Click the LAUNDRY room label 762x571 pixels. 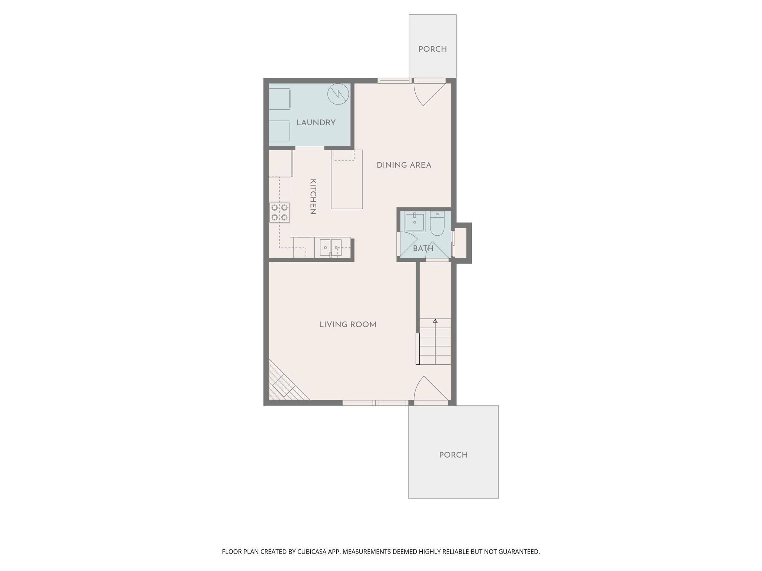click(x=316, y=123)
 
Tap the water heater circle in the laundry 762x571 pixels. click(x=338, y=94)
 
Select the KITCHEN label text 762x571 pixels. click(x=313, y=197)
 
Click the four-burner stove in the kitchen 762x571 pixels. click(x=279, y=213)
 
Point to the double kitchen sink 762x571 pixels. click(x=330, y=248)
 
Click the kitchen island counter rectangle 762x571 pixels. click(x=347, y=179)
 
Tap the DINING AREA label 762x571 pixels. click(x=404, y=165)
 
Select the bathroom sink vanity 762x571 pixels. click(x=414, y=222)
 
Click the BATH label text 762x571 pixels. click(x=423, y=248)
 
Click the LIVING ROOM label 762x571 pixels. click(x=348, y=325)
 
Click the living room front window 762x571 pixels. click(x=375, y=403)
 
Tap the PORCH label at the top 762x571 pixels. click(x=432, y=49)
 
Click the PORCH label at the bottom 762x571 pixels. click(x=453, y=455)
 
